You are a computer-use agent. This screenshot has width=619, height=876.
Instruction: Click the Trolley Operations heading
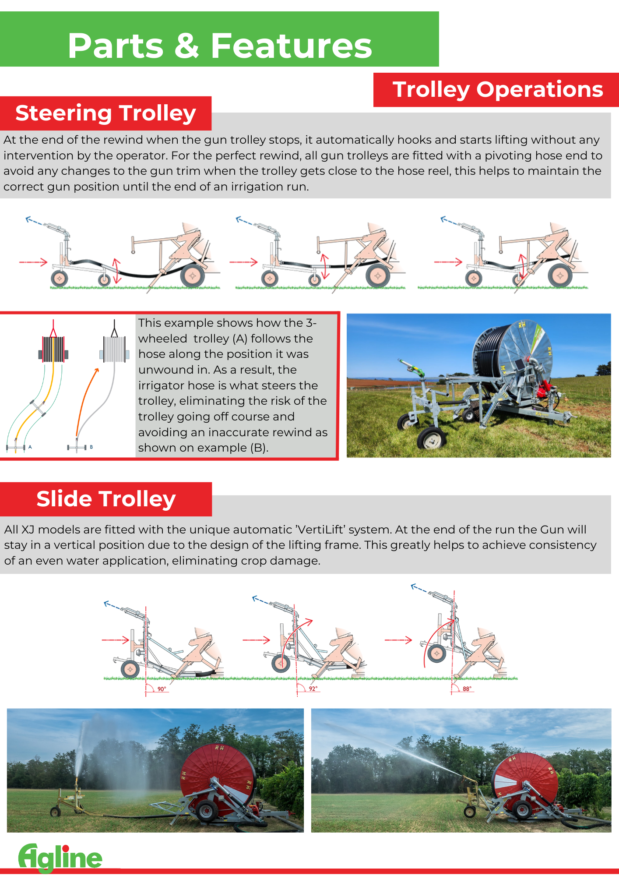tap(497, 89)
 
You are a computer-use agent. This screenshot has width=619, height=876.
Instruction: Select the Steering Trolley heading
tap(106, 113)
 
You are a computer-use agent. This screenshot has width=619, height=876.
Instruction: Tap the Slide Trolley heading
tap(106, 499)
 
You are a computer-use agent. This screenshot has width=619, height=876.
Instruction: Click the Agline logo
tap(60, 858)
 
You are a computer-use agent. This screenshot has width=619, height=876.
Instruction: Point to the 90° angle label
tap(162, 689)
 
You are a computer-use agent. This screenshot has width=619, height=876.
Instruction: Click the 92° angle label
tap(313, 689)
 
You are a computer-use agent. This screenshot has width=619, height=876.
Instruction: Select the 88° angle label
tap(467, 689)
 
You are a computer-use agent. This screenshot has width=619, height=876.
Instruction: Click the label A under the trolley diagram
tap(30, 447)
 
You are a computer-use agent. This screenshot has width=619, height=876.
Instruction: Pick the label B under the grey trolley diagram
tap(91, 447)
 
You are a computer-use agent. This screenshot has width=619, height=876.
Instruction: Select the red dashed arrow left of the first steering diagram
tap(33, 262)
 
